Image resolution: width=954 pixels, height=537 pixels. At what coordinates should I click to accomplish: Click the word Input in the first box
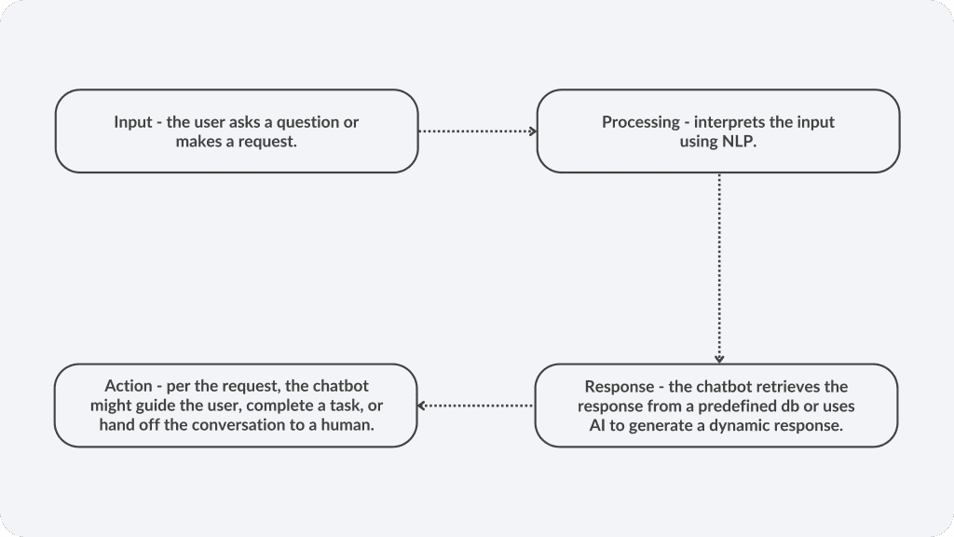[132, 122]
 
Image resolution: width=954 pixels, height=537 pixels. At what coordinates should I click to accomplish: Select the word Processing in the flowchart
[641, 122]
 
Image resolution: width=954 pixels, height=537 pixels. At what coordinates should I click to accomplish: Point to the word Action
[129, 386]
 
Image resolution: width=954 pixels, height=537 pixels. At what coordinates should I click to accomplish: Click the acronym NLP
[739, 142]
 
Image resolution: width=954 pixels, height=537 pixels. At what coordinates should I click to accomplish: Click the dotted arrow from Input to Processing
[478, 131]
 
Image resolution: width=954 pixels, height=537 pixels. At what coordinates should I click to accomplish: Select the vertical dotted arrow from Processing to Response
[719, 268]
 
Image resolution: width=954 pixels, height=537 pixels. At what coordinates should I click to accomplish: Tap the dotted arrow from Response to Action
[475, 406]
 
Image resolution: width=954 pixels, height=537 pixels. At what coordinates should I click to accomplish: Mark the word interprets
[728, 122]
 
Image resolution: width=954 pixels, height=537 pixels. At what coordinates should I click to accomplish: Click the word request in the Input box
[271, 142]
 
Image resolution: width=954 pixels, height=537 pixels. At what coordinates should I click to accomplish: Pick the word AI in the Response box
[597, 425]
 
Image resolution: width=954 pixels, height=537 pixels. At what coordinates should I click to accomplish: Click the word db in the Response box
[789, 406]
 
